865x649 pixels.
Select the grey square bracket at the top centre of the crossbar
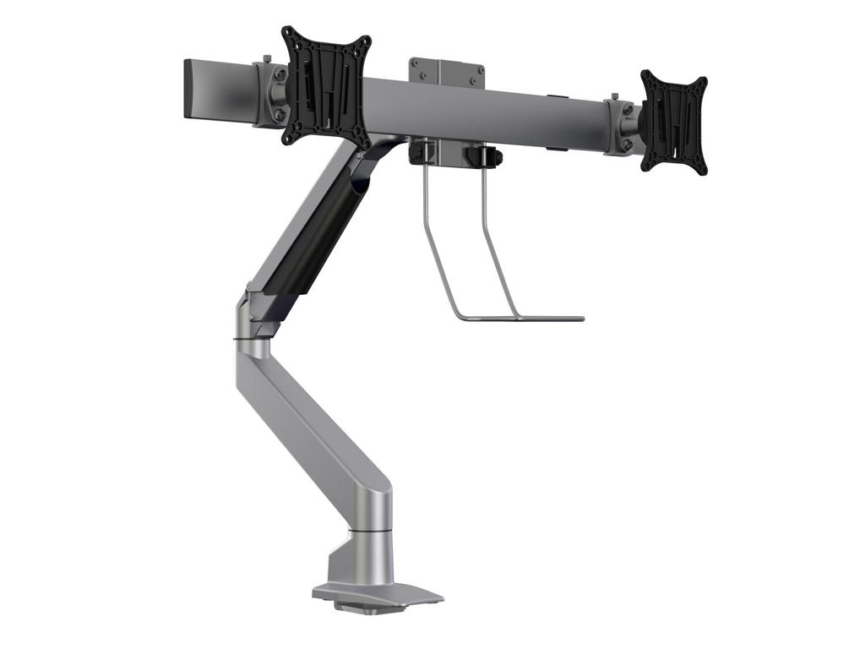[447, 71]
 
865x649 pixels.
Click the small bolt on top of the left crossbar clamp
[267, 58]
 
